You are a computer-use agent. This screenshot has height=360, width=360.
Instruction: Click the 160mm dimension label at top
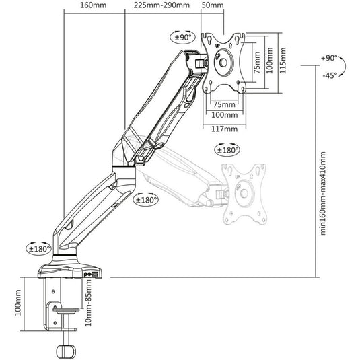94,5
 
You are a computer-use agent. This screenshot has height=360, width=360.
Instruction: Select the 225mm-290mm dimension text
161,5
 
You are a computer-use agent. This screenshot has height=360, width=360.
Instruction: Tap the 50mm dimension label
213,5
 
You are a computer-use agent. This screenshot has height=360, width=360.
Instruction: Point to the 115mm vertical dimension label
283,61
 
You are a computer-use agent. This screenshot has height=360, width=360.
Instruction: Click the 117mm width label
224,129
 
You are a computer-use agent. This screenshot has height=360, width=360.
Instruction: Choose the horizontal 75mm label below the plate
224,104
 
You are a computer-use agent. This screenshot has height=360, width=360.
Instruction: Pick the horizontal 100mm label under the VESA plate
224,115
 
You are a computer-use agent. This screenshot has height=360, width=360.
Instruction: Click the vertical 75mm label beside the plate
257,63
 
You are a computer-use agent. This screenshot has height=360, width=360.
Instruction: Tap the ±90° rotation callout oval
183,37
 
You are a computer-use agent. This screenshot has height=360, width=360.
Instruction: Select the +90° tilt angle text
329,58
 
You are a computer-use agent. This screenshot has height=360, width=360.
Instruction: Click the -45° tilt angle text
330,75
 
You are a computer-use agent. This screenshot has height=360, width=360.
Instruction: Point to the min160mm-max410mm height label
322,193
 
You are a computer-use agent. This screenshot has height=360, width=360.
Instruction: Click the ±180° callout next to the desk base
38,248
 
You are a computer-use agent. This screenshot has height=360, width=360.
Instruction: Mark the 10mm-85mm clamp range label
88,303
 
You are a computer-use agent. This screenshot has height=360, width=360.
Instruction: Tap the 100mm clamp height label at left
18,303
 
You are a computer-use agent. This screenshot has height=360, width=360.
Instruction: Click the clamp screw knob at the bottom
66,351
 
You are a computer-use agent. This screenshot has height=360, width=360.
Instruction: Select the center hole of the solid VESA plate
223,63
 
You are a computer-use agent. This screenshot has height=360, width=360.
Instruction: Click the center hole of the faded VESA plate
244,193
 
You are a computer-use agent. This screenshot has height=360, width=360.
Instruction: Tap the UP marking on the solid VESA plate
217,46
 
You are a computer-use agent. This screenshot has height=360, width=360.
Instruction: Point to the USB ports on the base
92,274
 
